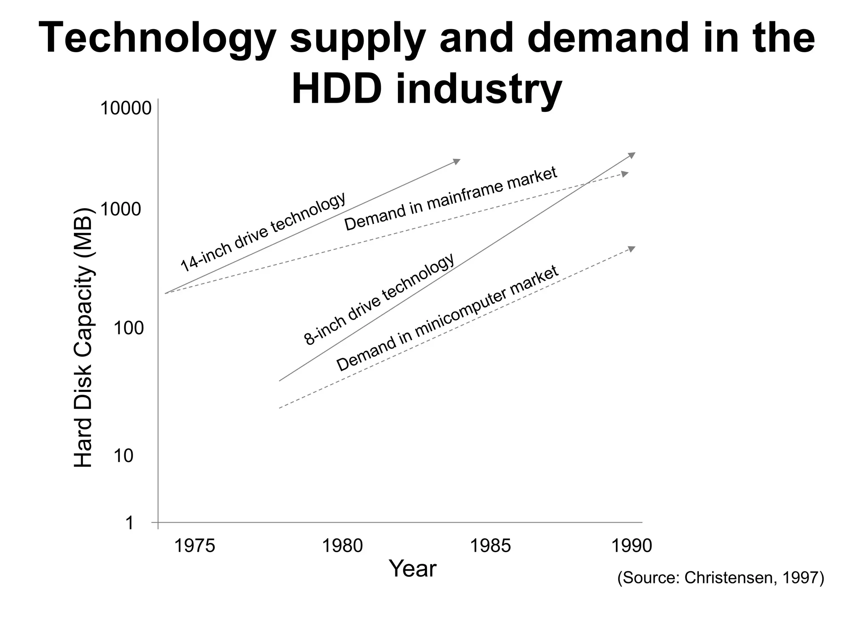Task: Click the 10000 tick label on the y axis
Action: [126, 109]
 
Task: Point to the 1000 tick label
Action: [121, 209]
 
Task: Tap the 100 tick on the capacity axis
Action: [128, 328]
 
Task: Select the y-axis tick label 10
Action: [123, 456]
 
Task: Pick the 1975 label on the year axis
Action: [194, 546]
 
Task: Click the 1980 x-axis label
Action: [343, 546]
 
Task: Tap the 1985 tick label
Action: [490, 546]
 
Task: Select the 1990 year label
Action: [631, 546]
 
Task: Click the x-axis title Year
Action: [412, 569]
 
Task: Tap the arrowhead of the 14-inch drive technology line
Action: [457, 161]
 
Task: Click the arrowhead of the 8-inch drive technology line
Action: [632, 155]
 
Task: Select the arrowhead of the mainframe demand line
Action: [625, 174]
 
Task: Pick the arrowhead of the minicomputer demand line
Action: [632, 249]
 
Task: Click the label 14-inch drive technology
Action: [263, 232]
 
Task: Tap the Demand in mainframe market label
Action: [451, 199]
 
